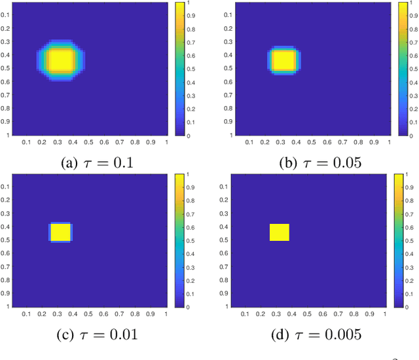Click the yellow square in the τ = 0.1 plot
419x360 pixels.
click(61, 60)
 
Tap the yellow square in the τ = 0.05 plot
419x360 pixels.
click(283, 60)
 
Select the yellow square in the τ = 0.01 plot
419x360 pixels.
click(60, 232)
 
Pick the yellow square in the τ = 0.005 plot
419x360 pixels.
click(280, 232)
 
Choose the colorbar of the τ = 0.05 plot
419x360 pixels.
click(403, 69)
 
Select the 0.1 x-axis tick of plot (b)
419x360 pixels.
click(249, 142)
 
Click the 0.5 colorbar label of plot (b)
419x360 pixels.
click(414, 69)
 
